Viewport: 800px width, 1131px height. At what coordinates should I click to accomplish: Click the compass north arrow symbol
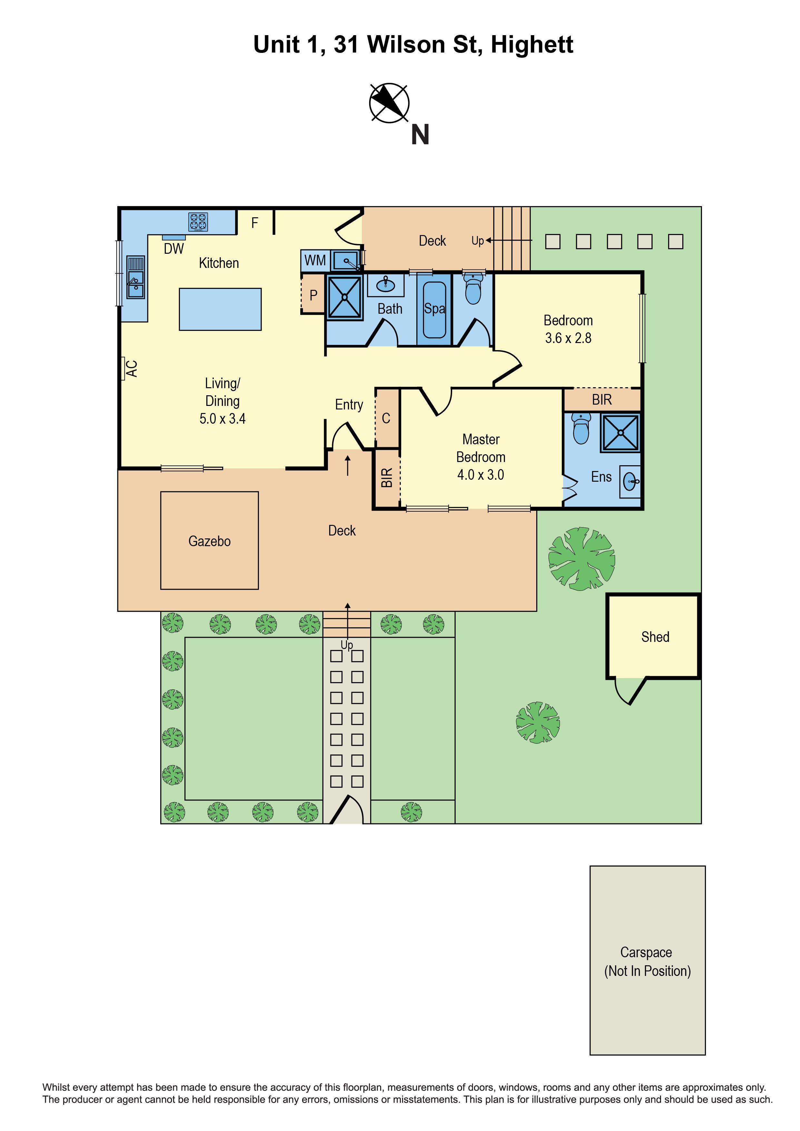tap(389, 103)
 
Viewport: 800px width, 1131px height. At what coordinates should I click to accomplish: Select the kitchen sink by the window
tap(135, 277)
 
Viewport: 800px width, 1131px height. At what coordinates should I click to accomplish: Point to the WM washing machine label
tap(315, 260)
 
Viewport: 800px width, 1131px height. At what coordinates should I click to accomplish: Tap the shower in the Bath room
tap(344, 297)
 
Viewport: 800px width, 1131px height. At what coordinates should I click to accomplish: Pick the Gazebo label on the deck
tap(209, 541)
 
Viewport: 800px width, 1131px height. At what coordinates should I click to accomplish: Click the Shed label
tap(655, 637)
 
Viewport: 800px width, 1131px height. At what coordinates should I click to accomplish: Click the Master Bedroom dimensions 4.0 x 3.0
tap(481, 475)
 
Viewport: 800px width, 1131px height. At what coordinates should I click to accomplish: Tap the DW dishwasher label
tap(174, 249)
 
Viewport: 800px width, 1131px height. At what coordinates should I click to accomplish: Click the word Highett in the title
tap(532, 44)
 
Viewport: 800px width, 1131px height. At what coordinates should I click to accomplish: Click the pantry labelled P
tap(313, 295)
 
